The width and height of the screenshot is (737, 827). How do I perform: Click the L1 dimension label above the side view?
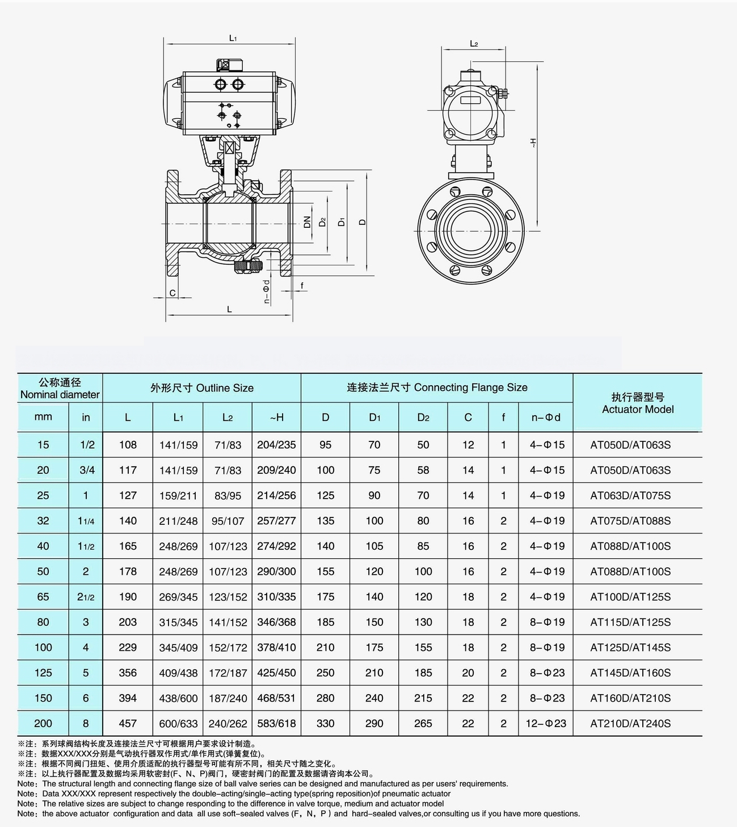pos(233,38)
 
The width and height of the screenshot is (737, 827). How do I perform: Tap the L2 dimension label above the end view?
pos(474,44)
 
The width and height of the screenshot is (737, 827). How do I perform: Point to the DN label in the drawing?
pos(307,222)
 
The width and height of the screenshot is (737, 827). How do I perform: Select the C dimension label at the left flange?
pos(173,293)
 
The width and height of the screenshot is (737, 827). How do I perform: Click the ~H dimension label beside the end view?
pos(533,143)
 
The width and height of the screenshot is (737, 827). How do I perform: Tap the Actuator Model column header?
pos(638,403)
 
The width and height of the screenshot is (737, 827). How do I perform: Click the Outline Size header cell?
pos(202,388)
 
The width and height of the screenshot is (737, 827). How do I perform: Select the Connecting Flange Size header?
pos(437,387)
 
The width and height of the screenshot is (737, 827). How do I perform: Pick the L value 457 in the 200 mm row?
pos(128,723)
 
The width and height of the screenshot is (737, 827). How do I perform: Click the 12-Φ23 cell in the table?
pos(545,723)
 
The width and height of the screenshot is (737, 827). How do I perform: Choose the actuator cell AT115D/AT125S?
pos(630,622)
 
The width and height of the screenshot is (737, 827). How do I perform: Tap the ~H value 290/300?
pos(276,571)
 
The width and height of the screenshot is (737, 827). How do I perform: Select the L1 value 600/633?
pos(178,724)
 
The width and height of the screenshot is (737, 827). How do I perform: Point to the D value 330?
pos(326,723)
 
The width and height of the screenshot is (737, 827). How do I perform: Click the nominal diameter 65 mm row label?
pos(43,596)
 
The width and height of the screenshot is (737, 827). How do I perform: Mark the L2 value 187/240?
pos(228,698)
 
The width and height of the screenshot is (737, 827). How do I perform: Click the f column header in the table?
pos(503,417)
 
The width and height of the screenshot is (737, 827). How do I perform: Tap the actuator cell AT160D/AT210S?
pos(630,698)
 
